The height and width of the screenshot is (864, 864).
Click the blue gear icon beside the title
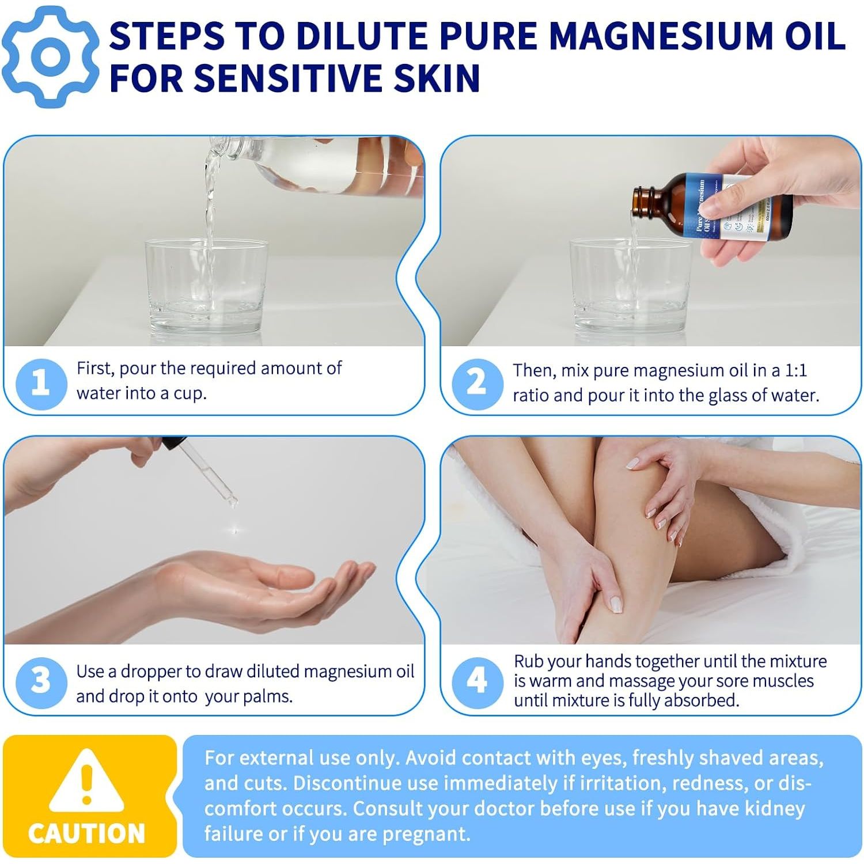point(51,56)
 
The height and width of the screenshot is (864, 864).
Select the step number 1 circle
point(40,382)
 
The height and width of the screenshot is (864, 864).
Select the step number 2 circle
point(477,383)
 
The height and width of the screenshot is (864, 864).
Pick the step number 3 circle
point(40,682)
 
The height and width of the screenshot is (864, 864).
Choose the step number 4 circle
point(477,682)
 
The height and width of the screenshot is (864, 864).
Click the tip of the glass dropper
point(232,502)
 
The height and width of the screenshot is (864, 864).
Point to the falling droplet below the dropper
point(234,529)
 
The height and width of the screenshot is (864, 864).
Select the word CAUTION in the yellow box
point(86,833)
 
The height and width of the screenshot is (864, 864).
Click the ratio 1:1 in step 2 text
point(796,370)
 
